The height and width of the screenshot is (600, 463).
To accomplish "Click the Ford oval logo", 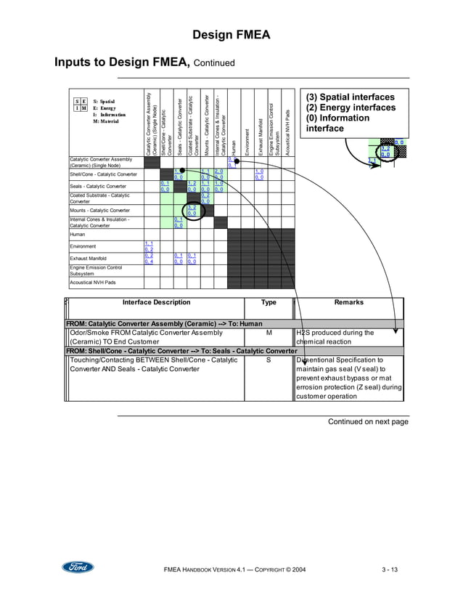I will click(x=78, y=568).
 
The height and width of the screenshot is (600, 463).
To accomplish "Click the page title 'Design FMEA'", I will click(x=231, y=36).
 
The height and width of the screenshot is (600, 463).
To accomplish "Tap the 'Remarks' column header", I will click(x=348, y=303).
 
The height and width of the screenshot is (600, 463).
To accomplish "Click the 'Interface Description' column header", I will click(x=156, y=303).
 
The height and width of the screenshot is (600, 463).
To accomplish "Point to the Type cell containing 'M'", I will click(x=269, y=333).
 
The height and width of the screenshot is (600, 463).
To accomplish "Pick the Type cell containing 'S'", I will click(x=269, y=360).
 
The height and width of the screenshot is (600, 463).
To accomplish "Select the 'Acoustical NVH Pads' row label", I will click(x=92, y=283).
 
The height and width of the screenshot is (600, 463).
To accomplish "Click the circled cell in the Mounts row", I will click(x=192, y=211).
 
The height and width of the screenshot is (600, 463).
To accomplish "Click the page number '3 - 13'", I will click(x=389, y=569).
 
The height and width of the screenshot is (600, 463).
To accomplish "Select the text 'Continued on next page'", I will click(x=368, y=422).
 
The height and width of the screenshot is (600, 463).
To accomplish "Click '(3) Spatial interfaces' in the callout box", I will click(x=351, y=97).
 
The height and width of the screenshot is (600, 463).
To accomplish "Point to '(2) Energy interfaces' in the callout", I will click(x=351, y=108).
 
